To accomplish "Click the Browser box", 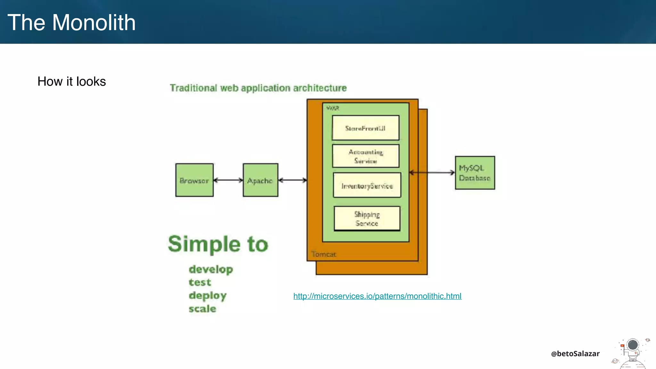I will click(x=194, y=180).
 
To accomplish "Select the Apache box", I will click(x=260, y=180).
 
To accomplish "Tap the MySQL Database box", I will click(x=475, y=173).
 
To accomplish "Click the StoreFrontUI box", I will click(x=365, y=128).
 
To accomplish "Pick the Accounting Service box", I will click(x=365, y=156).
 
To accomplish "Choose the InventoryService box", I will click(x=367, y=185).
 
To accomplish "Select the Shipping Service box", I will click(x=367, y=218).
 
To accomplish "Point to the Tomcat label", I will click(x=324, y=254).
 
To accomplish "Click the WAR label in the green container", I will click(x=332, y=108).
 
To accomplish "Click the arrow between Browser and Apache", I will click(x=228, y=180).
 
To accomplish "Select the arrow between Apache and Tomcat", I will click(x=292, y=180).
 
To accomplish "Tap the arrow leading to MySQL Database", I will click(x=432, y=173).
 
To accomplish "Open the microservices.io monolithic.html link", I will click(x=377, y=296).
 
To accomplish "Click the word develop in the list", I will click(x=211, y=270).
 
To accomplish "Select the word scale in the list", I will click(x=202, y=309).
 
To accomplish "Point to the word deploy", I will click(x=208, y=296).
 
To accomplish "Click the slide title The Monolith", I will click(x=71, y=22).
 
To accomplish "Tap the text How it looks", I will click(x=71, y=81).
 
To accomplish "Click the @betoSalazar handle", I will click(x=575, y=354).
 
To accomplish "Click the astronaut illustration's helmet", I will click(x=633, y=345).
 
